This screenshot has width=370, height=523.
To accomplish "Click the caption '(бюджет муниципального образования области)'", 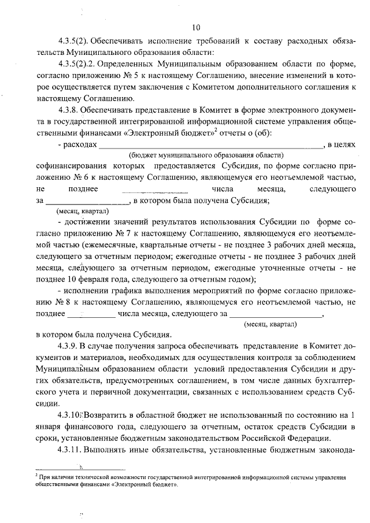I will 206,155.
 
